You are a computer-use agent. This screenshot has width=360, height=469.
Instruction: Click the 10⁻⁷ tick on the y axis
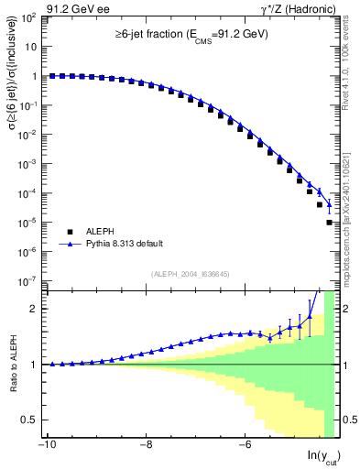coord(30,280)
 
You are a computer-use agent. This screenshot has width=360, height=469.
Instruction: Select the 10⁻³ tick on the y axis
coord(30,164)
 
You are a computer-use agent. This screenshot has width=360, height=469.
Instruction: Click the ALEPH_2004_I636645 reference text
coord(180,273)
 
